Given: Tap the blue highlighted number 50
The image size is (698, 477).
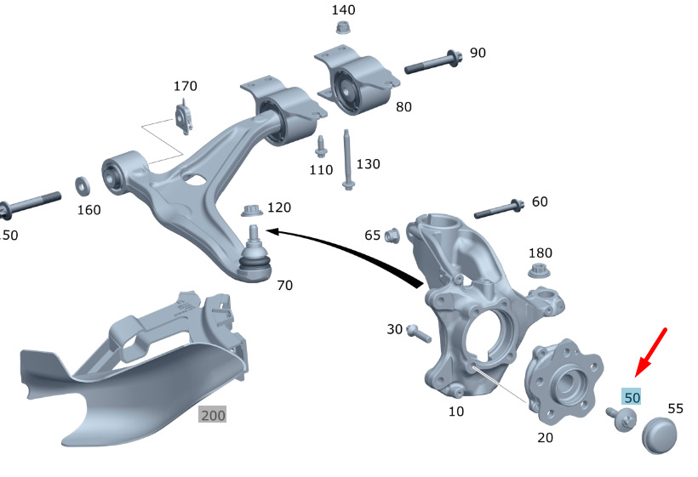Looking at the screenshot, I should pyautogui.click(x=632, y=396).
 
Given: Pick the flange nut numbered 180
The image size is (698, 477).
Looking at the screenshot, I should pyautogui.click(x=538, y=271).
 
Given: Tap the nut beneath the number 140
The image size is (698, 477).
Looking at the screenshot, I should pyautogui.click(x=344, y=28).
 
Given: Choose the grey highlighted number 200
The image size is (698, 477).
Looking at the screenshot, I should pyautogui.click(x=213, y=415).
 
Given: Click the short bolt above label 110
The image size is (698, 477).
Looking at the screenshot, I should pyautogui.click(x=321, y=146).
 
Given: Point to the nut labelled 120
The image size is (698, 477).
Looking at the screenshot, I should pyautogui.click(x=251, y=209).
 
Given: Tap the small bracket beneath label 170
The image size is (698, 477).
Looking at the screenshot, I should pyautogui.click(x=184, y=117).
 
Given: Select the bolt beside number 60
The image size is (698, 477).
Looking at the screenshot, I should pyautogui.click(x=498, y=208).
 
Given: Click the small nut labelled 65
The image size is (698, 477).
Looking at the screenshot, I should pyautogui.click(x=393, y=234).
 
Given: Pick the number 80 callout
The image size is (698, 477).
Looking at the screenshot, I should pyautogui.click(x=403, y=108).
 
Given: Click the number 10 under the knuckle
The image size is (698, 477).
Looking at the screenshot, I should pyautogui.click(x=456, y=412).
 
